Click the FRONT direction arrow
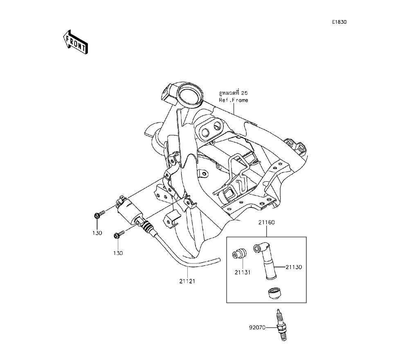75,42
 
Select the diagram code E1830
339,22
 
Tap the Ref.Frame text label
233,100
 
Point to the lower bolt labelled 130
119,234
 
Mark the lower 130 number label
118,253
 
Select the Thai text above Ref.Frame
233,93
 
